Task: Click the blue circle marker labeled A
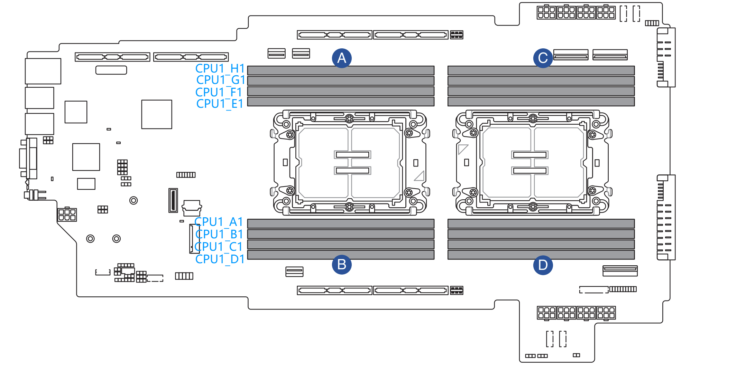[341, 58]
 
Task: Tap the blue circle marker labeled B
[341, 265]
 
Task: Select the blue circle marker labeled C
[543, 58]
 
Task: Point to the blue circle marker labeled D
[543, 265]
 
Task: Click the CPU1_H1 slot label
[220, 69]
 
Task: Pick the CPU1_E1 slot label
[220, 104]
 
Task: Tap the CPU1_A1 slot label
[219, 222]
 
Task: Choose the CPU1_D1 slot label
[220, 259]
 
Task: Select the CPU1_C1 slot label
[219, 247]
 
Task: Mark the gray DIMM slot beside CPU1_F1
[341, 91]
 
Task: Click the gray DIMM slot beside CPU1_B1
[341, 234]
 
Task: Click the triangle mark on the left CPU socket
[420, 176]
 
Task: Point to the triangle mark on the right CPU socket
[462, 149]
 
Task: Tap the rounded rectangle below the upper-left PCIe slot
[111, 70]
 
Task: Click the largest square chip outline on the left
[157, 114]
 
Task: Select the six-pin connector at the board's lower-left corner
[67, 215]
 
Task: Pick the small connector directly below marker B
[294, 272]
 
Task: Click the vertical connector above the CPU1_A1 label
[173, 200]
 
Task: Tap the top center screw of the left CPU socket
[349, 118]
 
